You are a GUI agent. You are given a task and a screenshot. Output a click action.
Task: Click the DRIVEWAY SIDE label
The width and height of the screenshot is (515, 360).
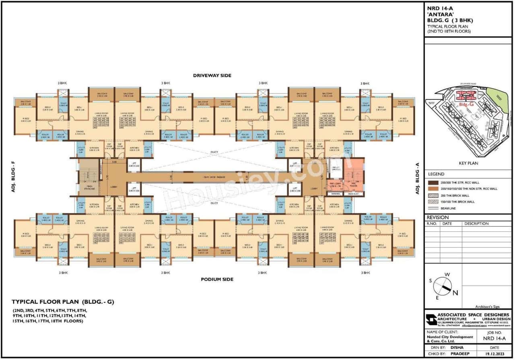point(212,75)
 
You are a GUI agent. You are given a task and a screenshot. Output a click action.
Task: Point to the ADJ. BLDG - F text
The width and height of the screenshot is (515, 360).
point(13,177)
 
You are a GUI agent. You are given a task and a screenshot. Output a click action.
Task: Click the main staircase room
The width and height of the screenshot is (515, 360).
point(89,177)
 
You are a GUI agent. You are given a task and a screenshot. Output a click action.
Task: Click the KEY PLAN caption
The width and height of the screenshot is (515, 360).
point(468,164)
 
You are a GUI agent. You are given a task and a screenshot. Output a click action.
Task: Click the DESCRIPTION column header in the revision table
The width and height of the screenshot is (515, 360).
point(476,224)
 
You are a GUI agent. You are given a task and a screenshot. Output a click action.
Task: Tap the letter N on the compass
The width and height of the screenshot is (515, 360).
point(455,293)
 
